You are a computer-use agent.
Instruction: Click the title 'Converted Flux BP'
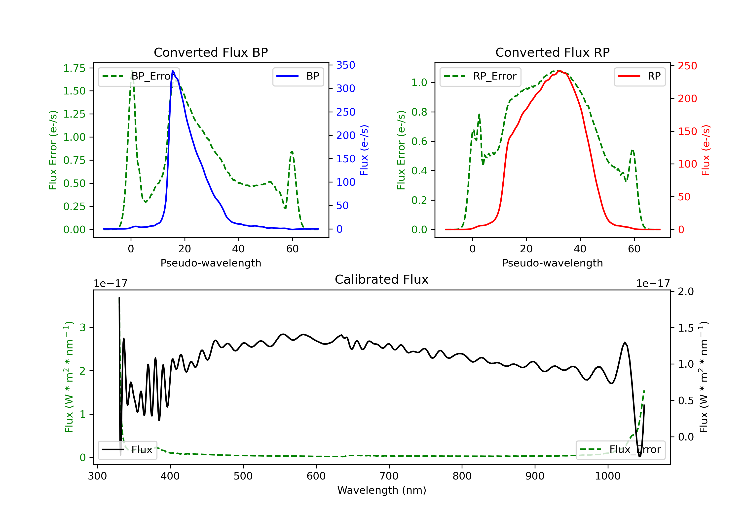pyautogui.click(x=211, y=52)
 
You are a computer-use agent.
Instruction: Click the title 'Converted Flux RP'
pyautogui.click(x=552, y=52)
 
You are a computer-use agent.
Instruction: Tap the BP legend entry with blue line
pyautogui.click(x=298, y=76)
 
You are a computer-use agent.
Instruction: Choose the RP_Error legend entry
pyautogui.click(x=480, y=76)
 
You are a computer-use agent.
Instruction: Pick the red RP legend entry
pyautogui.click(x=639, y=76)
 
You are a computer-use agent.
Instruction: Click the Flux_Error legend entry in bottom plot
pyautogui.click(x=620, y=450)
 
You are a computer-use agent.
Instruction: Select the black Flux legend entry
pyautogui.click(x=127, y=450)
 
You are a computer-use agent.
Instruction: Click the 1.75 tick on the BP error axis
pyautogui.click(x=74, y=68)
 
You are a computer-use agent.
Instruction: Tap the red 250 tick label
pyautogui.click(x=687, y=66)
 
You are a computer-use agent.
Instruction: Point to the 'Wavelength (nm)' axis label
pyautogui.click(x=382, y=490)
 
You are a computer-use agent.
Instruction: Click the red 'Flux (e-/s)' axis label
pyautogui.click(x=706, y=150)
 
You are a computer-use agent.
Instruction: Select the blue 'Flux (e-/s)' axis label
pyautogui.click(x=364, y=150)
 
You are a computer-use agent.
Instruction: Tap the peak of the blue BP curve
pyautogui.click(x=173, y=71)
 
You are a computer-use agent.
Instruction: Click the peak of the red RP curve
pyautogui.click(x=560, y=71)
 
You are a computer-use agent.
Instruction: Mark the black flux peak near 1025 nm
pyautogui.click(x=625, y=342)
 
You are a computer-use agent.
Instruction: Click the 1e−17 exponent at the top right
pyautogui.click(x=653, y=284)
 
